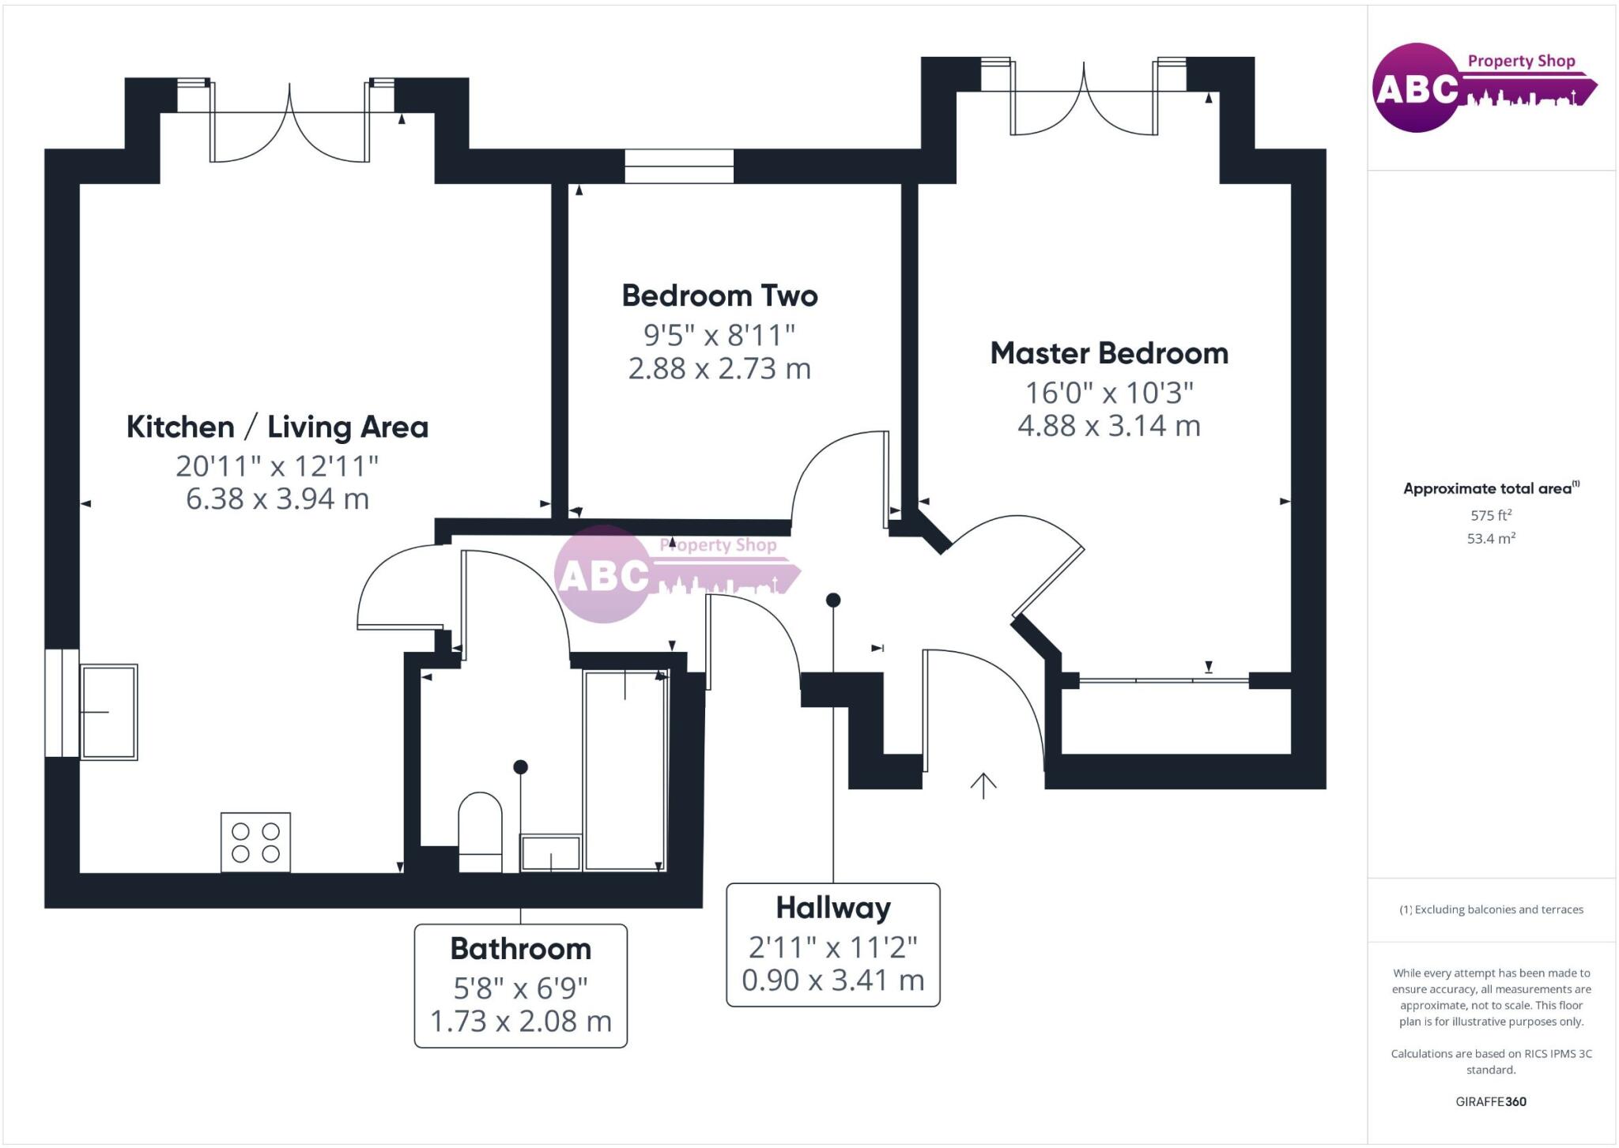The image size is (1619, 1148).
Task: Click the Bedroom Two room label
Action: pyautogui.click(x=719, y=295)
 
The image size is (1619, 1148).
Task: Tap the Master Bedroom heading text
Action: pyautogui.click(x=1109, y=353)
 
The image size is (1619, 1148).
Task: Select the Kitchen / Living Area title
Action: pyautogui.click(x=277, y=427)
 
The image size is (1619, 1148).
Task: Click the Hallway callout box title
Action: pyautogui.click(x=833, y=908)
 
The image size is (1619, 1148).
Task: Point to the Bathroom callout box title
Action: pyautogui.click(x=520, y=949)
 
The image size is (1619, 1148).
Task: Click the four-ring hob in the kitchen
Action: pyautogui.click(x=255, y=842)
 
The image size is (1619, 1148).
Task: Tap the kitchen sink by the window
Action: pyautogui.click(x=109, y=712)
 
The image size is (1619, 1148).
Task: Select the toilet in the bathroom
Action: pyautogui.click(x=480, y=831)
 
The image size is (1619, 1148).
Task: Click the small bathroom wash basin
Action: pyautogui.click(x=550, y=853)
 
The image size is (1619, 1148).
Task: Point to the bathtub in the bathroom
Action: pyautogui.click(x=625, y=770)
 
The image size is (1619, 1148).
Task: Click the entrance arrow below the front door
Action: pyautogui.click(x=983, y=785)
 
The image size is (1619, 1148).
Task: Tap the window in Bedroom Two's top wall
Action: pyautogui.click(x=679, y=166)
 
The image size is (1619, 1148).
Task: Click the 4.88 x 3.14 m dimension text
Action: pyautogui.click(x=1109, y=426)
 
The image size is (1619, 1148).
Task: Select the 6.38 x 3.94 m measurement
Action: pyautogui.click(x=277, y=499)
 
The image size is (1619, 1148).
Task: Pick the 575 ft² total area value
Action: pyautogui.click(x=1491, y=515)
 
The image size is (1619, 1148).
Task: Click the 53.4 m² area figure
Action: pyautogui.click(x=1491, y=538)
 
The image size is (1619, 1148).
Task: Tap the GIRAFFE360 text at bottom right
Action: pyautogui.click(x=1491, y=1101)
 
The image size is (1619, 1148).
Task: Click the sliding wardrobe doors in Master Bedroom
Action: pyautogui.click(x=1164, y=679)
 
